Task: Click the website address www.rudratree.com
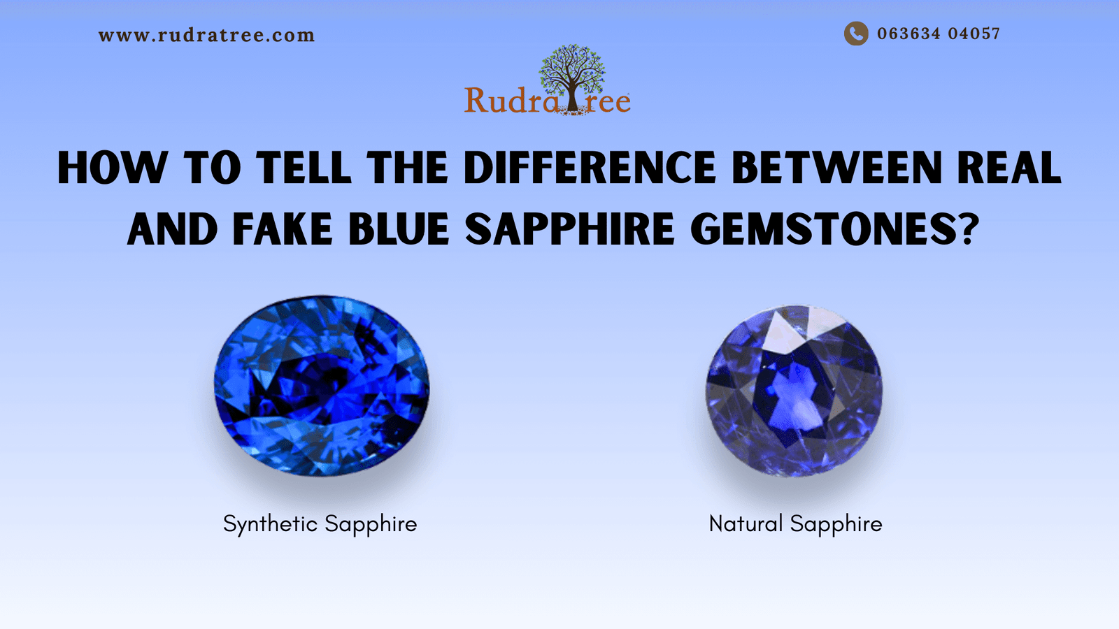[206, 36]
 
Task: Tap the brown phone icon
[855, 34]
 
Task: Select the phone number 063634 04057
[939, 34]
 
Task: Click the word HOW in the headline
[112, 168]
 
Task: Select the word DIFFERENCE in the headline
[590, 168]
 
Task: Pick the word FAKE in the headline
[283, 230]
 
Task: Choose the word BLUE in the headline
[399, 230]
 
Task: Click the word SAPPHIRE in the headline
[570, 230]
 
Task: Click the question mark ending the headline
[967, 230]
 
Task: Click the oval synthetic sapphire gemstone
[322, 386]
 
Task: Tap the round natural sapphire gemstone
[794, 391]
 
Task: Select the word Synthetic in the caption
[270, 524]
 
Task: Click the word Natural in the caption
[746, 523]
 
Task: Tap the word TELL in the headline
[303, 168]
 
